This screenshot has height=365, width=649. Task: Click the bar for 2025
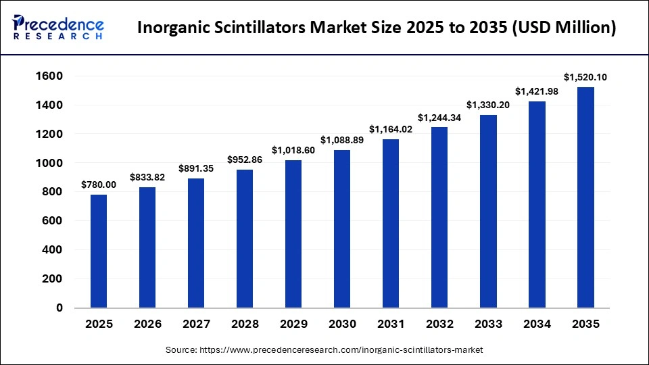pyautogui.click(x=99, y=251)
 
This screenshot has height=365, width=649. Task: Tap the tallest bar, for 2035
pyautogui.click(x=585, y=197)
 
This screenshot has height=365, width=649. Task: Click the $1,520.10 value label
pyautogui.click(x=585, y=77)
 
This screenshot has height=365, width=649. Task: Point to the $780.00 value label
pyautogui.click(x=99, y=185)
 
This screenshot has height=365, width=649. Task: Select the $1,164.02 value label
pyautogui.click(x=391, y=128)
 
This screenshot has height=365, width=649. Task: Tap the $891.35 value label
pyautogui.click(x=196, y=168)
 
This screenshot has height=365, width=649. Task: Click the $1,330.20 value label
pyautogui.click(x=488, y=105)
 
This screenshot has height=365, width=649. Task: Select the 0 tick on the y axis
pyautogui.click(x=59, y=308)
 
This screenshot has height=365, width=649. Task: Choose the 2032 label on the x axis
pyautogui.click(x=439, y=324)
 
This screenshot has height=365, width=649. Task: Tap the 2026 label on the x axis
pyautogui.click(x=147, y=324)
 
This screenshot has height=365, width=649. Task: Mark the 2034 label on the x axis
pyautogui.click(x=537, y=324)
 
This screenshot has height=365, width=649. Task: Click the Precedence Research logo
pyautogui.click(x=58, y=28)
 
